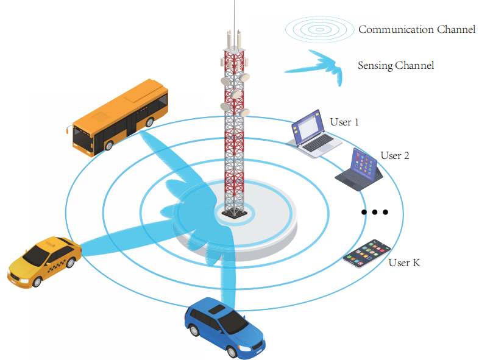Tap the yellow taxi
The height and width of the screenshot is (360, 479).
44,260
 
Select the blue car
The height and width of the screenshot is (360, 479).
224,325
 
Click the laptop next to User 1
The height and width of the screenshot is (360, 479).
314,134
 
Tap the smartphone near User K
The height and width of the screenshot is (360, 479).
367,253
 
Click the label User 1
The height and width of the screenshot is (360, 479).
344,122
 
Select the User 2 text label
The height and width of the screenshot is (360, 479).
395,155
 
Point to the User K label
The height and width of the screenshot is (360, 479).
404,263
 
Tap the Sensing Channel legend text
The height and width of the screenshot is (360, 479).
396,65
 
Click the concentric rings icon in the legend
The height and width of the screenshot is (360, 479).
319,29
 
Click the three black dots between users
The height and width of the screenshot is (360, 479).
374,213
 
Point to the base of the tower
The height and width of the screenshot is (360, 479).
234,213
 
